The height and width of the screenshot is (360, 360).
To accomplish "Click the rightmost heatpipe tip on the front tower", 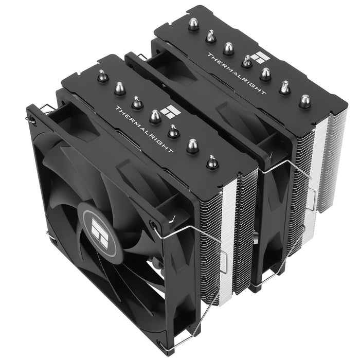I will click(211, 162).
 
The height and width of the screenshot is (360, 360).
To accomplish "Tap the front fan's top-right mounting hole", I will click(153, 225).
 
